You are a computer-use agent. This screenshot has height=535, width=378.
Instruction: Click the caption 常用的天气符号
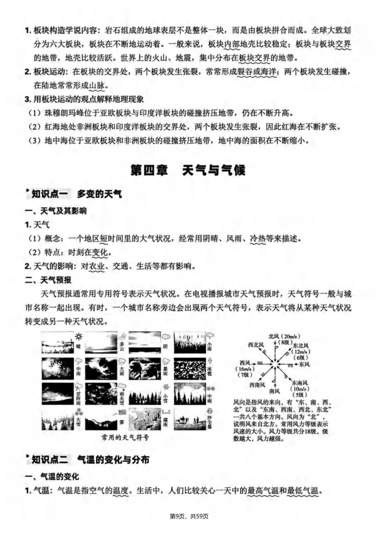(125, 437)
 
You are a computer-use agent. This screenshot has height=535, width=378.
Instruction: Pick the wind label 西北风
(256, 345)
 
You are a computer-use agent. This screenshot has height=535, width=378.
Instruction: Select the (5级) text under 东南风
(299, 395)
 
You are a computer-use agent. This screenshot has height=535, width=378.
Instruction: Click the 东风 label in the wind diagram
(304, 364)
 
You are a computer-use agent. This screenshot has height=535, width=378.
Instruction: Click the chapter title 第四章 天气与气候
(188, 171)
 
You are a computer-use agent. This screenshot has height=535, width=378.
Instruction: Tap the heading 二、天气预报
(48, 280)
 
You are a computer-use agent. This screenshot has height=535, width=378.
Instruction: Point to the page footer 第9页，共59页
(189, 516)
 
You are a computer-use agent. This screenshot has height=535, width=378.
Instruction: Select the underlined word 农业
(97, 266)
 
